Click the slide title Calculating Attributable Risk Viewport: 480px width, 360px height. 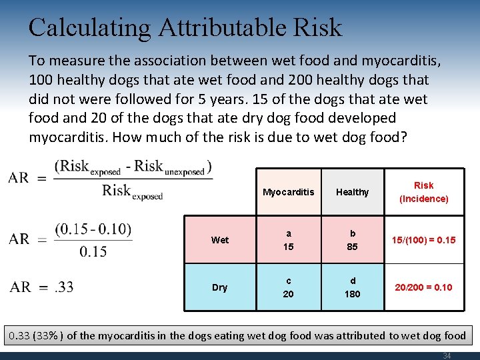click(185, 27)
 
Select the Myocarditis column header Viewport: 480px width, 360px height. click(288, 192)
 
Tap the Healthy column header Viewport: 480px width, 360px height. click(352, 192)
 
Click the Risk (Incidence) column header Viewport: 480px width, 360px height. click(423, 192)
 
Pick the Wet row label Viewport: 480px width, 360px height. click(219, 240)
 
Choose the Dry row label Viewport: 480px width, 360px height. click(219, 287)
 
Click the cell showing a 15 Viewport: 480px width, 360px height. click(288, 240)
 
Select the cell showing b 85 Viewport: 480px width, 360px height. click(352, 240)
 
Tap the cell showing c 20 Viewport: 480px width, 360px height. click(288, 287)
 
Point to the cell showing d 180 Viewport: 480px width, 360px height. click(352, 287)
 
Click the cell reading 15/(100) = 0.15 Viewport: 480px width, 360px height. click(423, 240)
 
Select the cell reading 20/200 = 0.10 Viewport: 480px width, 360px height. click(423, 287)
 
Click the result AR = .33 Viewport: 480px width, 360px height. click(42, 287)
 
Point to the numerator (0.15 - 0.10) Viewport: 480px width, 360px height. click(93, 229)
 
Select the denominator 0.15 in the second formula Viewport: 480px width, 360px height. click(93, 251)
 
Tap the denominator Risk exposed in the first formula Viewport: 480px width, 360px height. click(132, 192)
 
